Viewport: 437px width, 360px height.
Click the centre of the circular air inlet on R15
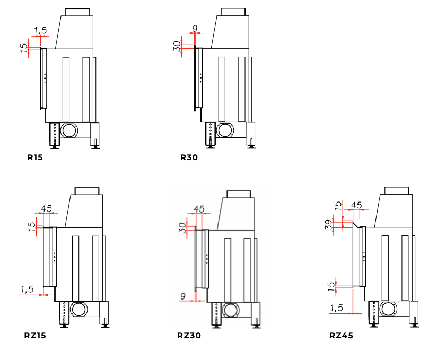tap(69, 130)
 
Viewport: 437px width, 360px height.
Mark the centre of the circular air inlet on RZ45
tap(388, 309)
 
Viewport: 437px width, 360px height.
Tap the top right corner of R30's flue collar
tap(245, 8)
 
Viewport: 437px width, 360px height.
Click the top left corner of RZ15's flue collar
tap(75, 188)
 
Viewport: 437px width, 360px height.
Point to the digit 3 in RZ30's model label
tap(191, 335)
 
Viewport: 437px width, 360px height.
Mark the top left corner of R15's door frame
tap(41, 49)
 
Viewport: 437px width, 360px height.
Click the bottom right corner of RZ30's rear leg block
tap(260, 324)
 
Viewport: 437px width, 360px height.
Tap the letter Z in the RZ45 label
tap(338, 335)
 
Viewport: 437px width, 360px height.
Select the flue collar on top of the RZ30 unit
tap(239, 194)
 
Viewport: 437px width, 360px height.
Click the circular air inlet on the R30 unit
tap(225, 130)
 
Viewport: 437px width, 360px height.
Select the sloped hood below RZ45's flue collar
tap(393, 210)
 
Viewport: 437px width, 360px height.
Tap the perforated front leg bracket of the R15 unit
tap(55, 134)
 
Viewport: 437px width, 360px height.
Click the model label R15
tap(35, 157)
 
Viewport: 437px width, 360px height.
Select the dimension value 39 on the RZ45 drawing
tap(329, 225)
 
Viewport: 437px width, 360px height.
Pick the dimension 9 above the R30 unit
tap(195, 28)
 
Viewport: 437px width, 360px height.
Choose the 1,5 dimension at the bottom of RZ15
tap(27, 289)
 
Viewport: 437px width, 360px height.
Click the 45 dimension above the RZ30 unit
tap(199, 209)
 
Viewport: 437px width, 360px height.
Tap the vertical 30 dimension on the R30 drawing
tap(177, 46)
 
